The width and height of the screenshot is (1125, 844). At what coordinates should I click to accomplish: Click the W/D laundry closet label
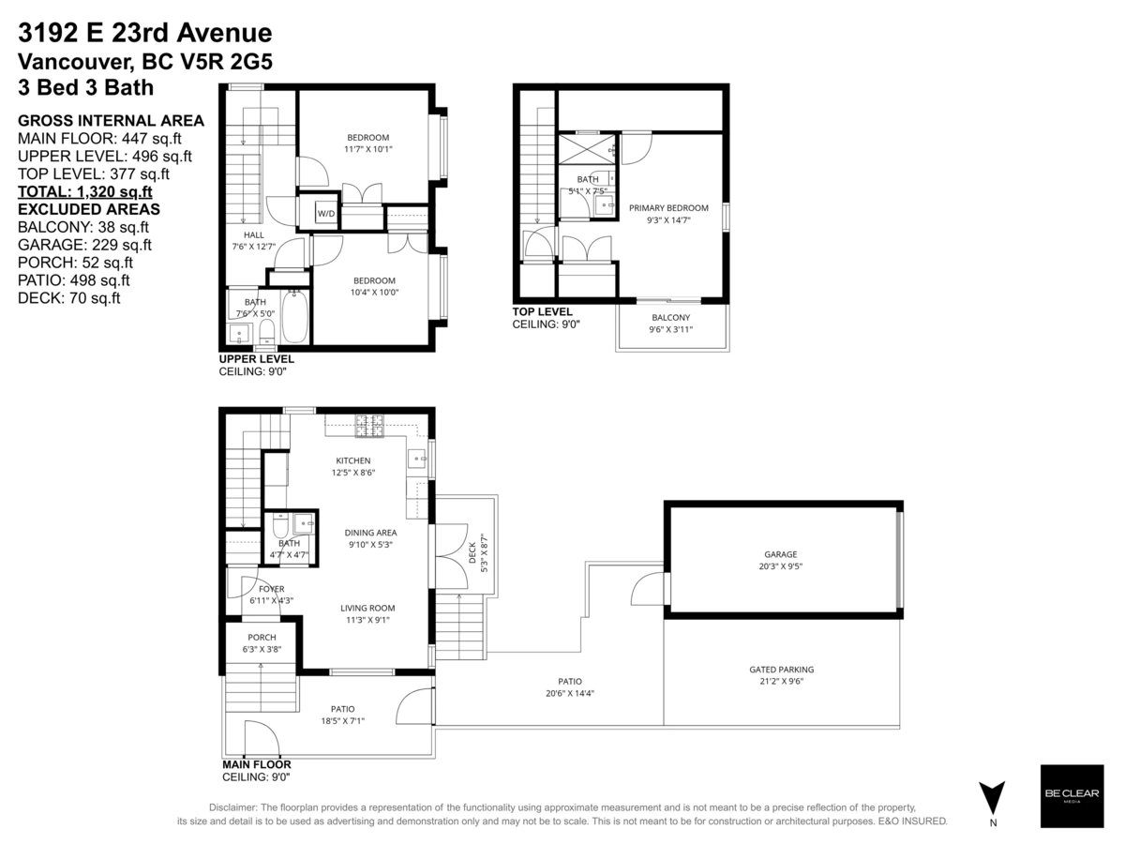[x=327, y=213]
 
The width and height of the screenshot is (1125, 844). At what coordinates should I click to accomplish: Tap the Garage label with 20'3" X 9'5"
[x=780, y=560]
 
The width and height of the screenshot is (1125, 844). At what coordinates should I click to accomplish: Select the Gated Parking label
[x=781, y=675]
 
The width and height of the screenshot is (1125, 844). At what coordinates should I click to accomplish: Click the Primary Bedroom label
[x=668, y=214]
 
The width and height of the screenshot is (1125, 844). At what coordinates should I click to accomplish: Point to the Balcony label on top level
[x=671, y=324]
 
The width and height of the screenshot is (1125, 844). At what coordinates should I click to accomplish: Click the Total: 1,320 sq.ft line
[x=85, y=192]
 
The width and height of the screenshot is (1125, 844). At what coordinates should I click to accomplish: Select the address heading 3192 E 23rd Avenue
[x=145, y=34]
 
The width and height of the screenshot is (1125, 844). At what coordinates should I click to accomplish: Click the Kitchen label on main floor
[x=353, y=467]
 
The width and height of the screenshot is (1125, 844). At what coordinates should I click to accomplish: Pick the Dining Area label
[x=370, y=538]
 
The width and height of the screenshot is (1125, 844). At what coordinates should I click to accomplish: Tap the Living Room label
[x=367, y=613]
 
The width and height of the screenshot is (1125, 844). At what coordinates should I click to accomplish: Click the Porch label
[x=262, y=643]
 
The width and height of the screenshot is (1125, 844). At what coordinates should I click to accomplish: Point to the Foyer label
[x=271, y=595]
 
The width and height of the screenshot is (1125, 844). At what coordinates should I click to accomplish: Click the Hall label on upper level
[x=254, y=241]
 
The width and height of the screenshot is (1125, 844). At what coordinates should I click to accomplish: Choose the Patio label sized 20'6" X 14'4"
[x=570, y=687]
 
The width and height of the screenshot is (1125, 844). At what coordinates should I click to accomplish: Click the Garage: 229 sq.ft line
[x=84, y=245]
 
